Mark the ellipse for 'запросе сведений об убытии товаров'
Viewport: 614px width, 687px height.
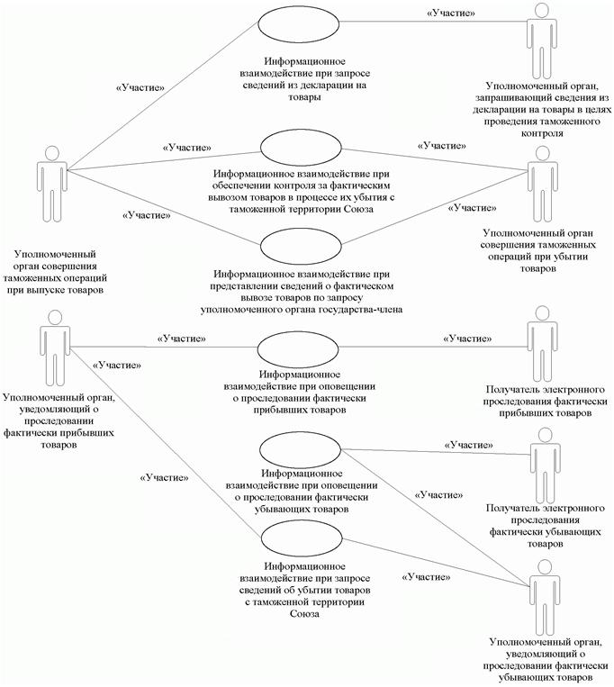pyautogui.click(x=298, y=542)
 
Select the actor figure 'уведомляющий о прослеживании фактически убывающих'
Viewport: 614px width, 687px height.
pyautogui.click(x=540, y=597)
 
